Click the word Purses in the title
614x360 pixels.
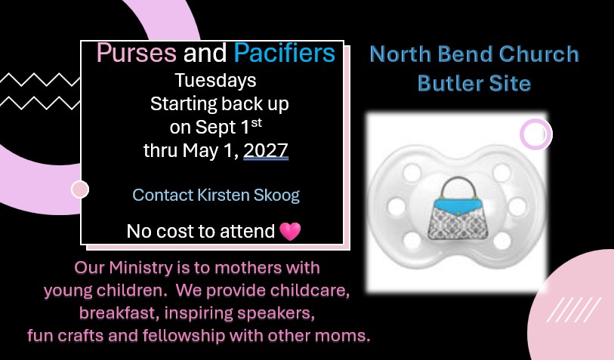pos(136,53)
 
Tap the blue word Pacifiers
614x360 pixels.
pos(285,53)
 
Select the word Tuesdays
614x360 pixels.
pos(215,81)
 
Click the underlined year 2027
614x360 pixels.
pos(266,151)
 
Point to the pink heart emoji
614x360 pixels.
pos(290,231)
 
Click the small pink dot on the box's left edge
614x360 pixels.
pos(80,189)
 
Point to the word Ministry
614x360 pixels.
pos(141,269)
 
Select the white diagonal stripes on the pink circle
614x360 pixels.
pos(574,309)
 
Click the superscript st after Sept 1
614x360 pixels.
pos(257,122)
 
